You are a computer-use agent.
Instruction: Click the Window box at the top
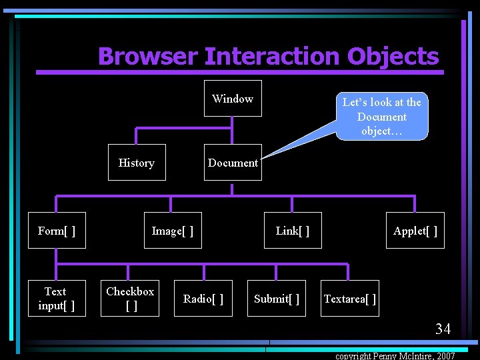click(233, 99)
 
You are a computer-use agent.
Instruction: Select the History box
click(136, 163)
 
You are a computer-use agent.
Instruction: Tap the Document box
click(233, 163)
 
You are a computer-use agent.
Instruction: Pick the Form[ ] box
click(57, 231)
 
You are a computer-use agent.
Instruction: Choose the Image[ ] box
click(173, 231)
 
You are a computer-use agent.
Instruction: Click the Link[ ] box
click(293, 231)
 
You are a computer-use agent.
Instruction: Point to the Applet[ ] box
click(415, 231)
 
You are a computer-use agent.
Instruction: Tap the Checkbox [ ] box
click(131, 299)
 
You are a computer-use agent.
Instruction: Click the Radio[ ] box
click(203, 299)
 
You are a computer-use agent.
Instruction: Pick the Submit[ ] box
click(277, 299)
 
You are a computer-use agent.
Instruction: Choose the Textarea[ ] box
click(349, 299)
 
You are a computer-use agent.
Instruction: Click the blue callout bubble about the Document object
click(382, 116)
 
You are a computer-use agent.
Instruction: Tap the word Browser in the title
click(147, 57)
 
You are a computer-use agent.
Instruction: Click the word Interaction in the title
click(272, 57)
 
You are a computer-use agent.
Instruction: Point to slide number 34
click(443, 329)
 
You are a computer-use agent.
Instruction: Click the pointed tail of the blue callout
click(264, 157)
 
